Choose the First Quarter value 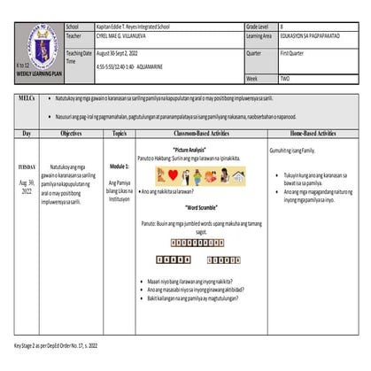click(x=294, y=53)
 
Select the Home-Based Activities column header click(x=313, y=134)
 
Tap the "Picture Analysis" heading click(x=196, y=150)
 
